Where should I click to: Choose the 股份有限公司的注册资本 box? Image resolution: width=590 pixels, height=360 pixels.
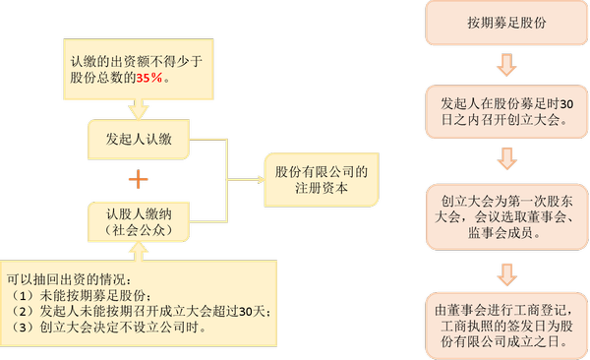point(320,180)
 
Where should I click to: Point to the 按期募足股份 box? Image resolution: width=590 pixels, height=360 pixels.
point(505,23)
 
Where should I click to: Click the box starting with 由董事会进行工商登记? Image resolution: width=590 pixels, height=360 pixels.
point(505,325)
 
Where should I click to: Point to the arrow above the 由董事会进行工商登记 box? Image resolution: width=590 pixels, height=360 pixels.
point(505,270)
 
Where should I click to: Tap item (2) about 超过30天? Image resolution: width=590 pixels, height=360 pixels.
point(138,312)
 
